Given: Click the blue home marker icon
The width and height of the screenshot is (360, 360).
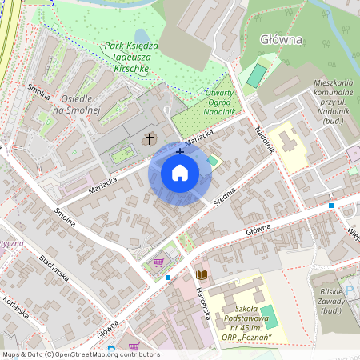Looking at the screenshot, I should [x=180, y=172].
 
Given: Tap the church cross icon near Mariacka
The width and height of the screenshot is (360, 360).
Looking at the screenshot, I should [x=149, y=139].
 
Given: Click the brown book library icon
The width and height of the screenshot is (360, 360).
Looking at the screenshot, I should [x=201, y=274].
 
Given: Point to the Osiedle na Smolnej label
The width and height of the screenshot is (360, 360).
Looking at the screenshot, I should [x=74, y=103].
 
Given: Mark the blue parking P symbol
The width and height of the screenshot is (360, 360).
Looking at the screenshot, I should [x=349, y=289].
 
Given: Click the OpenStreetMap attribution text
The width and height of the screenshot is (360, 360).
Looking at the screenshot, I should [x=81, y=354].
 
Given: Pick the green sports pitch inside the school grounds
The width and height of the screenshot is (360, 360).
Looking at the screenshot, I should [x=269, y=316].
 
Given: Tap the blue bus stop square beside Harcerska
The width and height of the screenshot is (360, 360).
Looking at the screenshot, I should [x=168, y=278].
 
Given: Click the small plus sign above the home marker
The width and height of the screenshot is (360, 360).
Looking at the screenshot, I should [x=180, y=150].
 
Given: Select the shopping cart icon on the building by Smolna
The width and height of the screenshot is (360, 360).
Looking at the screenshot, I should [x=158, y=262].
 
